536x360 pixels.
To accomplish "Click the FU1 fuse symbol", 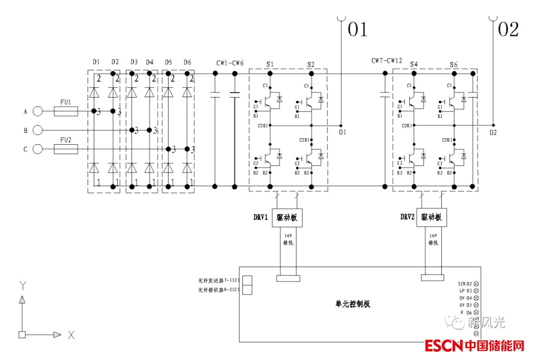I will pos(66,111).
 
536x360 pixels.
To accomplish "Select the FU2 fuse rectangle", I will pos(66,150).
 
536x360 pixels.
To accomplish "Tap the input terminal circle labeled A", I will pos(38,111).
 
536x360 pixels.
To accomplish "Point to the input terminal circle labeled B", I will pos(38,130).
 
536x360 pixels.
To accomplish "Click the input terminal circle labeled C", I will pos(38,150).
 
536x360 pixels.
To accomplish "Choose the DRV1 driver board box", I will pos(288,217).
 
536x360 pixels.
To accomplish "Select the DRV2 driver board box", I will pos(432,217).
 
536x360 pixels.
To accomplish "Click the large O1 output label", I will pos(357,30).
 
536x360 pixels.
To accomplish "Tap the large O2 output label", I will pos(508,30).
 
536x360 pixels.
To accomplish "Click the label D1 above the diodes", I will pos(96,62).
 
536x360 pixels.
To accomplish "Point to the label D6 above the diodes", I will pos(187,62).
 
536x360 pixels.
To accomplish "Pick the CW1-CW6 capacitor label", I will pos(230,63).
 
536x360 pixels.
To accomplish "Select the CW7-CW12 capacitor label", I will pos(387,61).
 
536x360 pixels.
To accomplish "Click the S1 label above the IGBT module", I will pos(270,64).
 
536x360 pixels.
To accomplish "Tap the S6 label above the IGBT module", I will pos(454,64).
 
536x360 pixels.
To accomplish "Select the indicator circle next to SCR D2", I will pos(476,284).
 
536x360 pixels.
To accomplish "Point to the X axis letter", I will pos(71,335).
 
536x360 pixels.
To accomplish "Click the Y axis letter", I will pos(22,285).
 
